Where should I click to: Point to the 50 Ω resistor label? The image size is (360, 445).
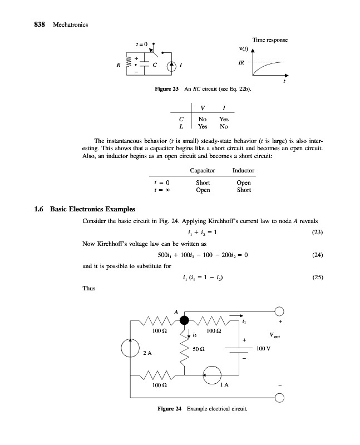198,348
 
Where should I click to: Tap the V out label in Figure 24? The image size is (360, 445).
274,336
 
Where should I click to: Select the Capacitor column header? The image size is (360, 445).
202,170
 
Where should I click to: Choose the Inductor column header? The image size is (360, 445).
243,170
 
